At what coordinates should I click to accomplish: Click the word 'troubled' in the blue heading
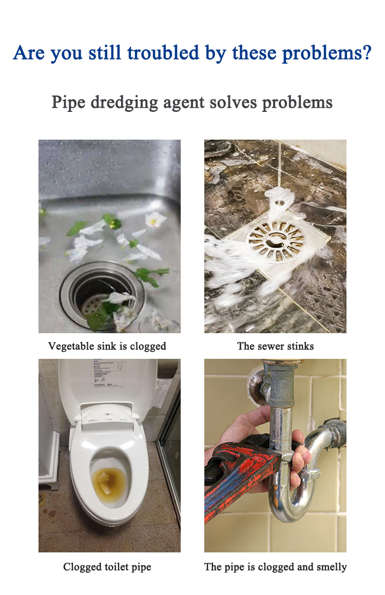pyautogui.click(x=163, y=53)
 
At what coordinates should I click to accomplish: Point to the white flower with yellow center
pyautogui.click(x=155, y=219)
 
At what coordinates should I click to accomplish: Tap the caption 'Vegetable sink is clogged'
pyautogui.click(x=107, y=346)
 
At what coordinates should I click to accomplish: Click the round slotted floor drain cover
pyautogui.click(x=275, y=241)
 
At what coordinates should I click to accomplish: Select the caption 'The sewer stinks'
pyautogui.click(x=275, y=346)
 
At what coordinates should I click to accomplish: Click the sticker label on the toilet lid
pyautogui.click(x=108, y=374)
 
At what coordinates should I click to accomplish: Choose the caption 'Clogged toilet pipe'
pyautogui.click(x=107, y=567)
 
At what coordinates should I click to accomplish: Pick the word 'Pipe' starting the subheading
pyautogui.click(x=68, y=103)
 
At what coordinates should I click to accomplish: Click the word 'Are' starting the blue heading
pyautogui.click(x=29, y=53)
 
